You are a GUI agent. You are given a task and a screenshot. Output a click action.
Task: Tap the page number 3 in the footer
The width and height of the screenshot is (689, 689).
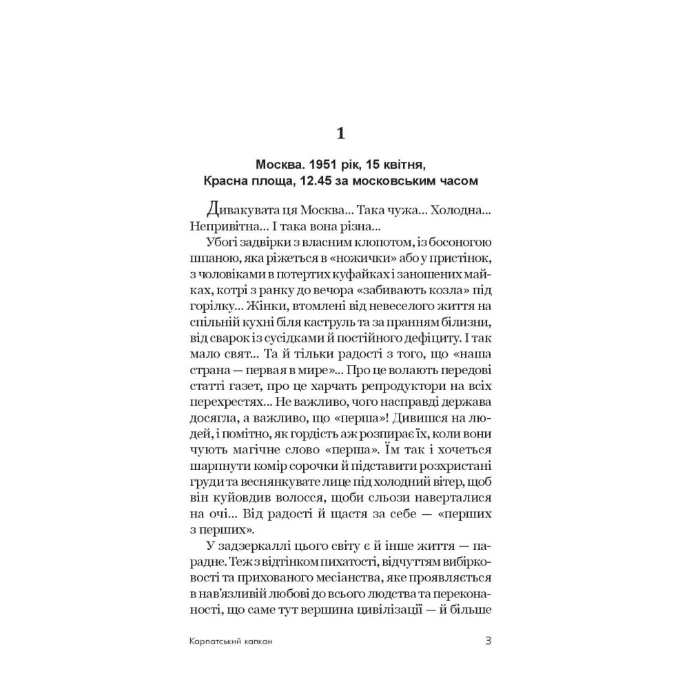coord(488,640)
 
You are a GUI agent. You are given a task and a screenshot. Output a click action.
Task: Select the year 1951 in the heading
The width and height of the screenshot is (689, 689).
coord(323,167)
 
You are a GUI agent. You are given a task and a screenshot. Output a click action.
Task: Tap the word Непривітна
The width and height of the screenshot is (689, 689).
coord(224,226)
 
